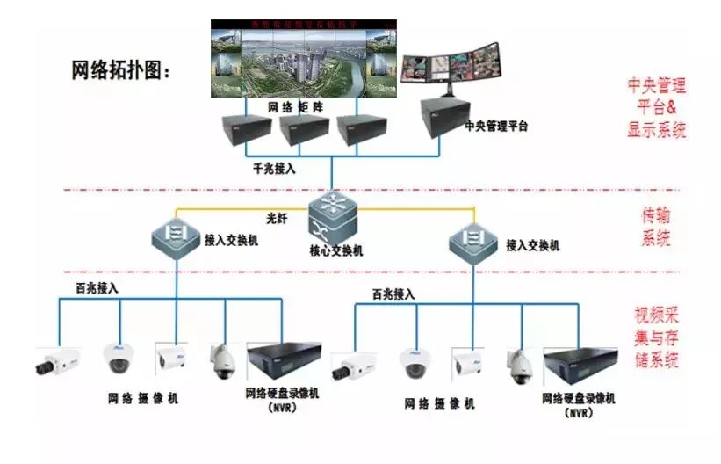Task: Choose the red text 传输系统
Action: (x=657, y=226)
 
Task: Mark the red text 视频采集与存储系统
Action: (x=657, y=337)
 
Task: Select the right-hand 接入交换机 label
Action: (x=531, y=245)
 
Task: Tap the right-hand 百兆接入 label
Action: (x=393, y=294)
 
